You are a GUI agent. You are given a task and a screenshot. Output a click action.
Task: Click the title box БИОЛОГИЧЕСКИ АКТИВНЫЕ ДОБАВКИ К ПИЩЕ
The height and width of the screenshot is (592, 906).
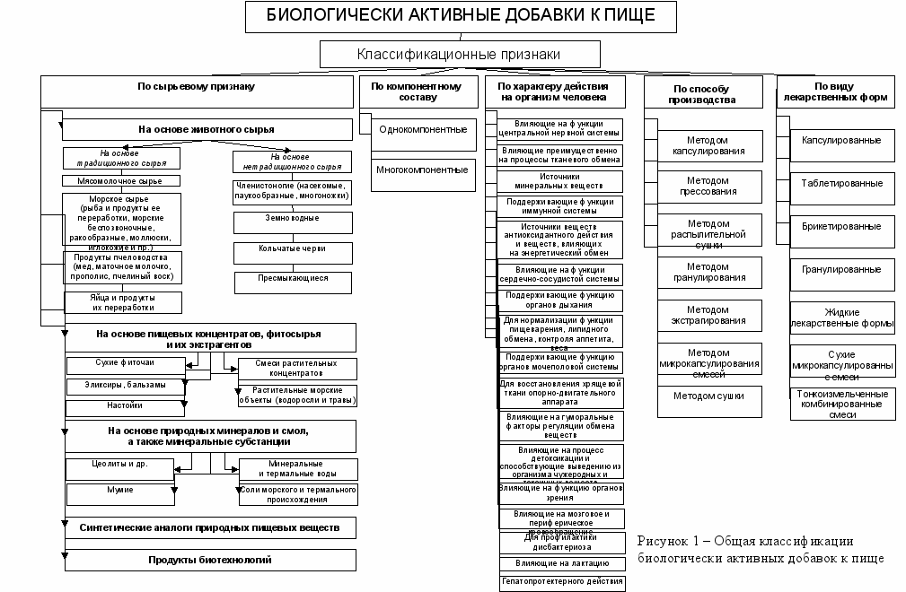pos(462,15)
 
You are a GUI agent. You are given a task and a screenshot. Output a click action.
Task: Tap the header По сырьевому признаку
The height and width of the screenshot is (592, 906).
pos(195,86)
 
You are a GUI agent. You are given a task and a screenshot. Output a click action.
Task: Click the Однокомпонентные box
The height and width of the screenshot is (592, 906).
pos(422,129)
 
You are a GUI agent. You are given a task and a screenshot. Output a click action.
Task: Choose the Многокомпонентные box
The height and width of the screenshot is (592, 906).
pos(422,170)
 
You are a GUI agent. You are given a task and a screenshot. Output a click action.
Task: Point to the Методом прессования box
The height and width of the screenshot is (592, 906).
pos(708,187)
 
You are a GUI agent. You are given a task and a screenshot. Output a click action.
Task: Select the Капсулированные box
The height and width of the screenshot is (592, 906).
pos(841,140)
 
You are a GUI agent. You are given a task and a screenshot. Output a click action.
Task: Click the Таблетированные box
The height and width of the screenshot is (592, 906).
pos(841,183)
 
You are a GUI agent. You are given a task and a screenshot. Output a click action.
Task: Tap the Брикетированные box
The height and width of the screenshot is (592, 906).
pos(841,226)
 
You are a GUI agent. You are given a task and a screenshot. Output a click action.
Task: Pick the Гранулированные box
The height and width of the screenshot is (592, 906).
pos(841,269)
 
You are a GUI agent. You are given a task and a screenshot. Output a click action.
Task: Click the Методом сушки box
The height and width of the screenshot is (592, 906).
pos(708,395)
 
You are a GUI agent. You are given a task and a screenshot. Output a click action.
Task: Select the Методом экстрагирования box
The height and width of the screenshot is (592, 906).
pos(708,314)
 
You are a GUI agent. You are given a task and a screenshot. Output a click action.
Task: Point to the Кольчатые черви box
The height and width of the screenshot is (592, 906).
pos(293,248)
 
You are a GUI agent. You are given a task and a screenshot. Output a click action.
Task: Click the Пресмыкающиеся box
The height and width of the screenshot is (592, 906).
pos(293,278)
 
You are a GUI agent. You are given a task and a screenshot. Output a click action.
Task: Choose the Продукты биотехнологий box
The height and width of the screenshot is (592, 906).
pos(209,560)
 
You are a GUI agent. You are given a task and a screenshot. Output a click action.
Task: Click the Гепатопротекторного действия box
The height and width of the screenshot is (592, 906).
pos(562,581)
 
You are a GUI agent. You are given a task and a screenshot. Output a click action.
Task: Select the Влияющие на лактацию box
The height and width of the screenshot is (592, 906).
pos(562,562)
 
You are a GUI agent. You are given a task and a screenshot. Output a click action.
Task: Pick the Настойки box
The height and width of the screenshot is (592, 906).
pos(125,405)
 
